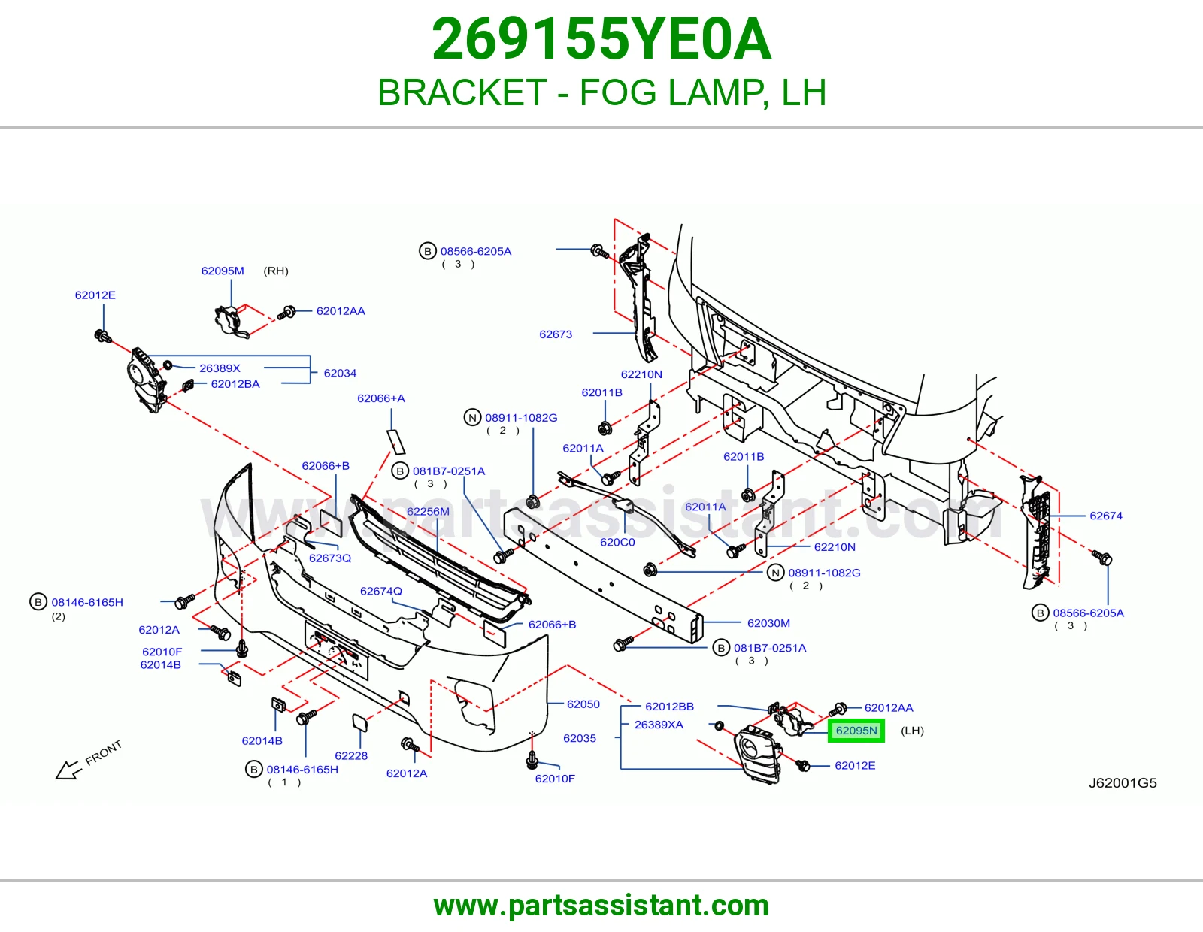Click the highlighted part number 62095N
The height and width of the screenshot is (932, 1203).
pyautogui.click(x=856, y=731)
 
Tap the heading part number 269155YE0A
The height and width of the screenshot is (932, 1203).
pyautogui.click(x=601, y=39)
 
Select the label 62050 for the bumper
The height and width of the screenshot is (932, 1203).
pyautogui.click(x=583, y=704)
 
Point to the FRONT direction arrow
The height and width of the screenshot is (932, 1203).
pyautogui.click(x=68, y=770)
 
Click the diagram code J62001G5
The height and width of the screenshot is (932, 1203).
pyautogui.click(x=1123, y=783)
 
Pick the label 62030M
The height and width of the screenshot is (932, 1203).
pyautogui.click(x=768, y=623)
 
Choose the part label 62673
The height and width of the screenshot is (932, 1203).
pyautogui.click(x=556, y=334)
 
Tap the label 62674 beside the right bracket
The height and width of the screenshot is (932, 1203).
pyautogui.click(x=1105, y=516)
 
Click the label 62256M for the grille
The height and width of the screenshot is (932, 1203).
pyautogui.click(x=428, y=511)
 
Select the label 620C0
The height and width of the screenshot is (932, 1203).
pyautogui.click(x=617, y=543)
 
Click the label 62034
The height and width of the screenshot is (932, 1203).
pyautogui.click(x=340, y=373)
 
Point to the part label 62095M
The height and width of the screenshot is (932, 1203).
pyautogui.click(x=222, y=271)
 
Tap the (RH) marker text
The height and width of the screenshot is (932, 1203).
pyautogui.click(x=276, y=271)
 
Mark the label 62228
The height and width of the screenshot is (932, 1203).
pyautogui.click(x=351, y=756)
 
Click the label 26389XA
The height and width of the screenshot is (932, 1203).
pyautogui.click(x=659, y=725)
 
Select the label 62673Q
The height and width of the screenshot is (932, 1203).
pyautogui.click(x=330, y=558)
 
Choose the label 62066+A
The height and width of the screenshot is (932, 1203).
pyautogui.click(x=381, y=398)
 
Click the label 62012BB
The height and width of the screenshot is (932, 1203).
pyautogui.click(x=669, y=707)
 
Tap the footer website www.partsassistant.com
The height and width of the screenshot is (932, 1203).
pyautogui.click(x=601, y=906)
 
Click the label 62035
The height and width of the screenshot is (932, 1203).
pyautogui.click(x=580, y=738)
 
